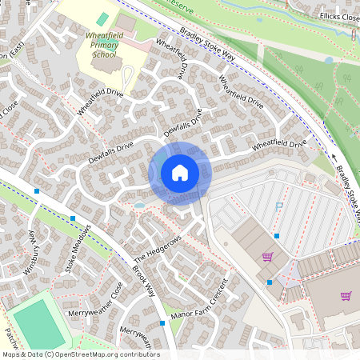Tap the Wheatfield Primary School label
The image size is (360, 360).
(x=106, y=50)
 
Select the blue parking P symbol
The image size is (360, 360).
(x=279, y=206)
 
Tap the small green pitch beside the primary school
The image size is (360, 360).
(x=102, y=18)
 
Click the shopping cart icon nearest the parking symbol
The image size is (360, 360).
(x=267, y=257)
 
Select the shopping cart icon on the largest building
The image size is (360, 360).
(x=346, y=296)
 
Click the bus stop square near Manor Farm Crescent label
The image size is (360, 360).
(x=162, y=323)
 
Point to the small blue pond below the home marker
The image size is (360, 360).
(x=140, y=205)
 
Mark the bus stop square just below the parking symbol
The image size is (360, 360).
(x=276, y=235)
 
